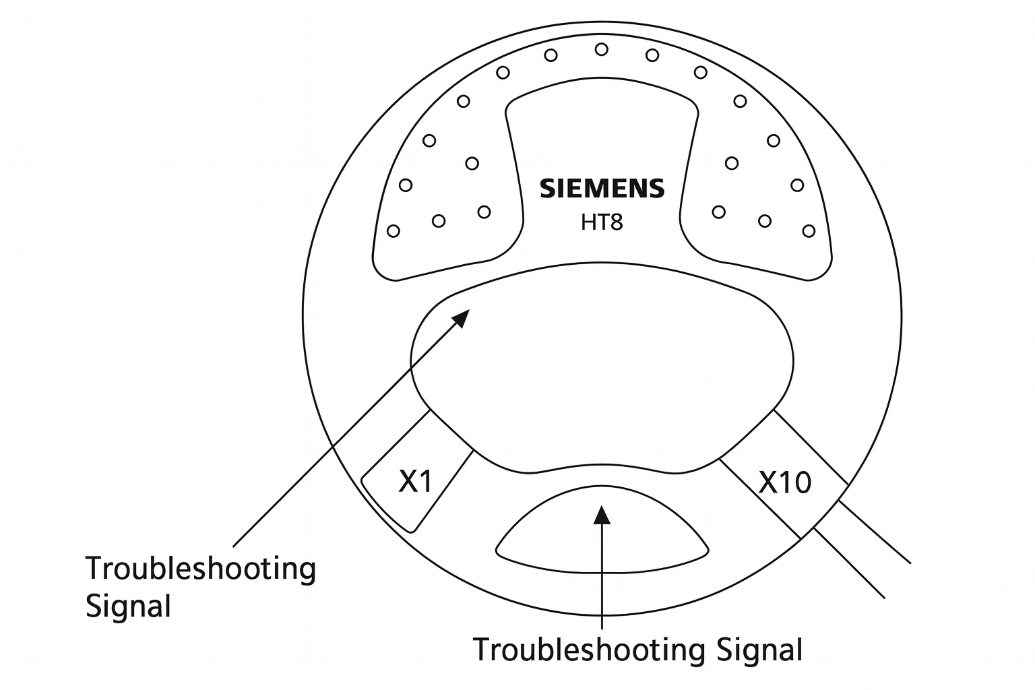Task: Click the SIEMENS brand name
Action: click(x=602, y=189)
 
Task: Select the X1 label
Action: click(x=415, y=481)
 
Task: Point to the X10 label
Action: click(x=785, y=482)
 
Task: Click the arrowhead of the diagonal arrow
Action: click(x=462, y=316)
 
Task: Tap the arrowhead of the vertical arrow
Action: click(x=601, y=513)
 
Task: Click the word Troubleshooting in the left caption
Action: click(x=200, y=569)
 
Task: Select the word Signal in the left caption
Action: click(x=128, y=606)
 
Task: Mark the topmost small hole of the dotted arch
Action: click(x=602, y=49)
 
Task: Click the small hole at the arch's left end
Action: click(x=394, y=231)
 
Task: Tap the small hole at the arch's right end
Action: click(x=809, y=231)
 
